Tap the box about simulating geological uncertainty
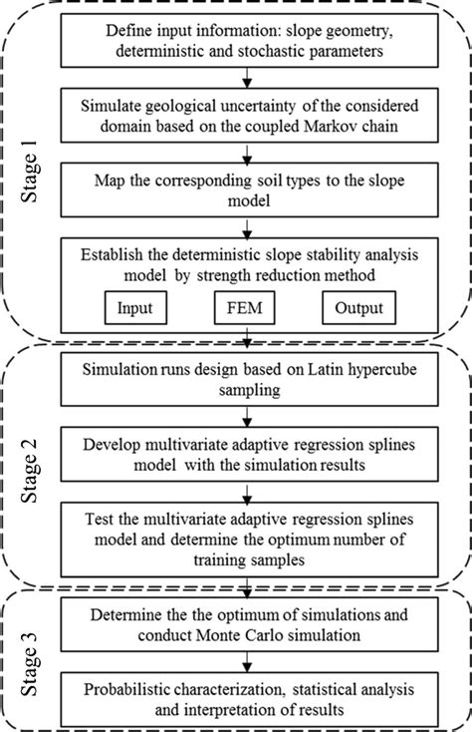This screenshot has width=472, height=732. pos(251,117)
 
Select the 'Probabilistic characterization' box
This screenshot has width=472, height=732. pos(251,695)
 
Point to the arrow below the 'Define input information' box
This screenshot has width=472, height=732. pos(251,78)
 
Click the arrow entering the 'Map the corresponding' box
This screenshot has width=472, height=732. pos(251,154)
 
